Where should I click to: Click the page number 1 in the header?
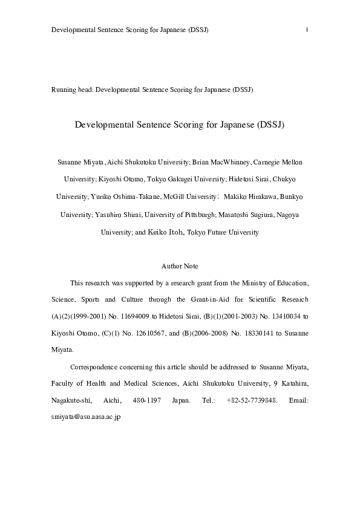click(x=308, y=30)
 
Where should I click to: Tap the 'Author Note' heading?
click(x=180, y=266)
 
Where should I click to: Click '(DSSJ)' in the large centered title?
click(x=270, y=125)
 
